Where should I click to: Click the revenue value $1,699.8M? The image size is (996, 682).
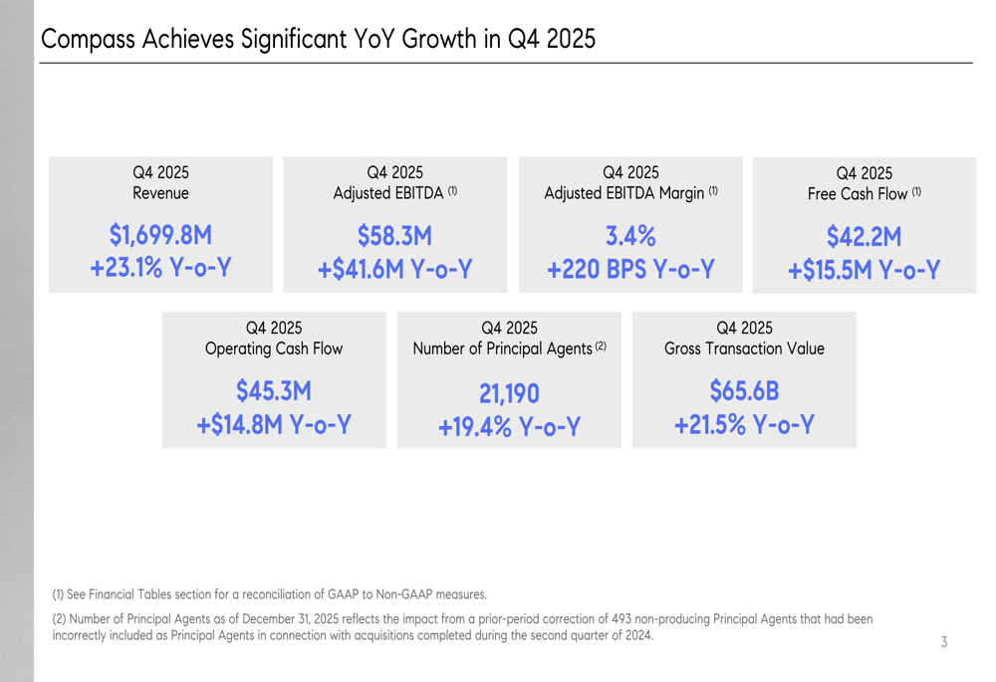tap(160, 236)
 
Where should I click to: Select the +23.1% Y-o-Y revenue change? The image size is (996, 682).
tap(160, 269)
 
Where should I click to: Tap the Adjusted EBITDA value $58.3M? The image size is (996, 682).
tap(394, 236)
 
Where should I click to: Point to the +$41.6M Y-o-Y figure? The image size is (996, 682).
tap(394, 269)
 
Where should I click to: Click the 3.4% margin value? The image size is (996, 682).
tap(630, 236)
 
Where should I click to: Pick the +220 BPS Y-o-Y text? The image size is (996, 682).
tap(630, 269)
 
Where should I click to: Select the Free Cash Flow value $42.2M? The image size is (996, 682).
tap(864, 237)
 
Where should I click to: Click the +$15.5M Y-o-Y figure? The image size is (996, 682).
tap(864, 270)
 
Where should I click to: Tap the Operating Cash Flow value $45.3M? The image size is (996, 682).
tap(274, 391)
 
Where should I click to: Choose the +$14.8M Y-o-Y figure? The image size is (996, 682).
tap(274, 424)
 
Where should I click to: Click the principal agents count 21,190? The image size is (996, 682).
tap(509, 395)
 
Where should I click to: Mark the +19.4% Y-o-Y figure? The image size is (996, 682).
tap(509, 427)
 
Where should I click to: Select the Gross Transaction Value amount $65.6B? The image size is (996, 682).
tap(744, 391)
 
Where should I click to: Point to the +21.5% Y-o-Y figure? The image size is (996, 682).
tap(744, 424)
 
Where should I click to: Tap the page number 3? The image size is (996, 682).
tap(943, 642)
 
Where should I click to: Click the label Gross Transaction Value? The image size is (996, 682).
tap(744, 348)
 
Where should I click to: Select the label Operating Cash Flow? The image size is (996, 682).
tap(274, 348)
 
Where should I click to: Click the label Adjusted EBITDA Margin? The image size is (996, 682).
tap(624, 192)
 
